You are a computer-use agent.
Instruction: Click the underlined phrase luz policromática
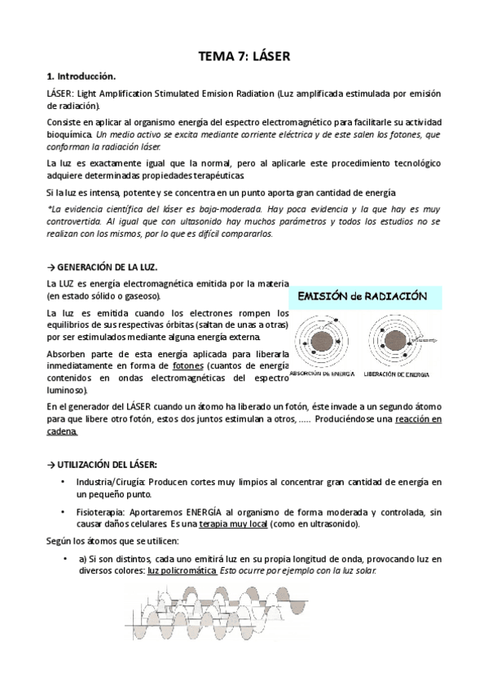click(182, 569)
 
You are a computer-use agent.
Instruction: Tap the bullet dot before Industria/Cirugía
click(64, 482)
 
